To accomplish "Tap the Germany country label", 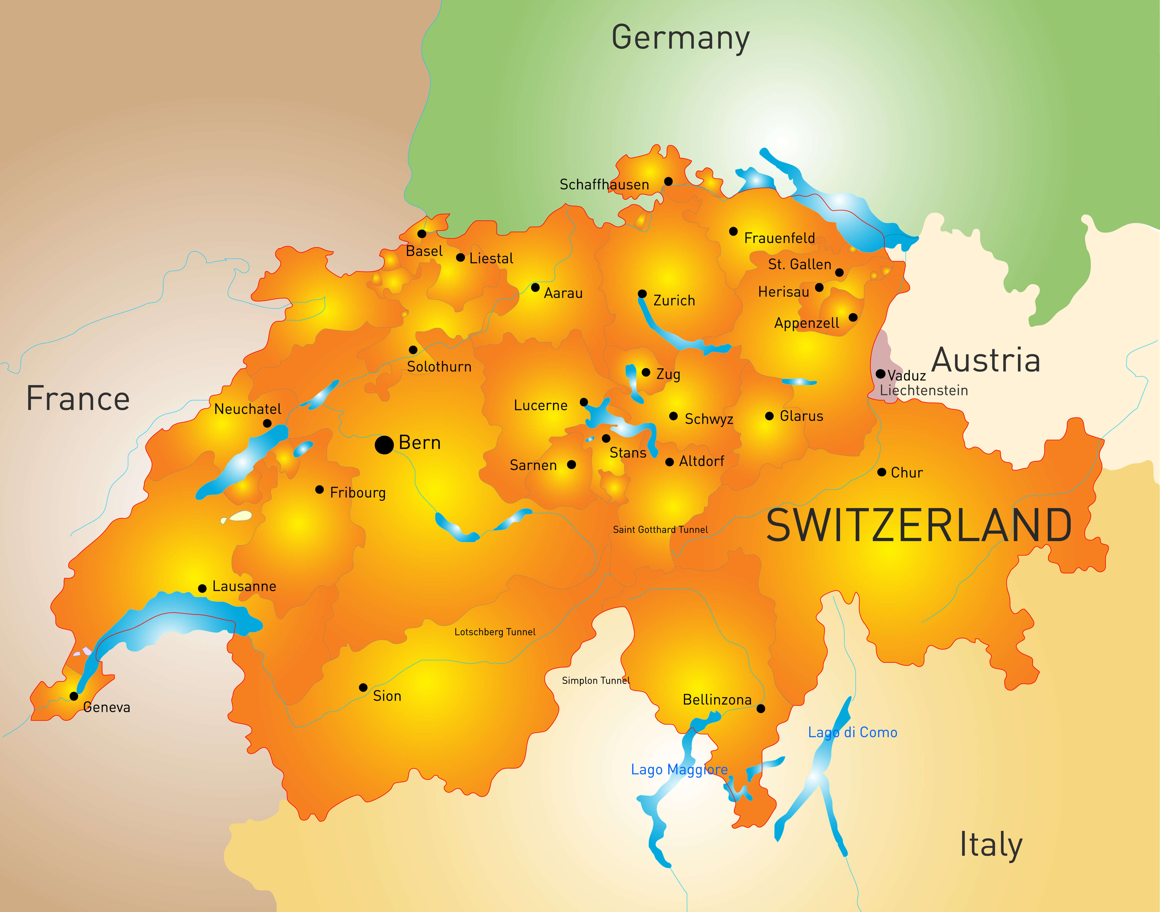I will [680, 38].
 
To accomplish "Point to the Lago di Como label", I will [852, 733].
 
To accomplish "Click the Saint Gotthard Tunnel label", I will [660, 530].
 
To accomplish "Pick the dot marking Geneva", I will [74, 696].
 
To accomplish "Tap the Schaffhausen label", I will [604, 185].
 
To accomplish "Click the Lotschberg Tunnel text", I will [495, 632].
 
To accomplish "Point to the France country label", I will [78, 399].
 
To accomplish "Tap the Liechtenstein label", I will [923, 390].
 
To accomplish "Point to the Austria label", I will [986, 360].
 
